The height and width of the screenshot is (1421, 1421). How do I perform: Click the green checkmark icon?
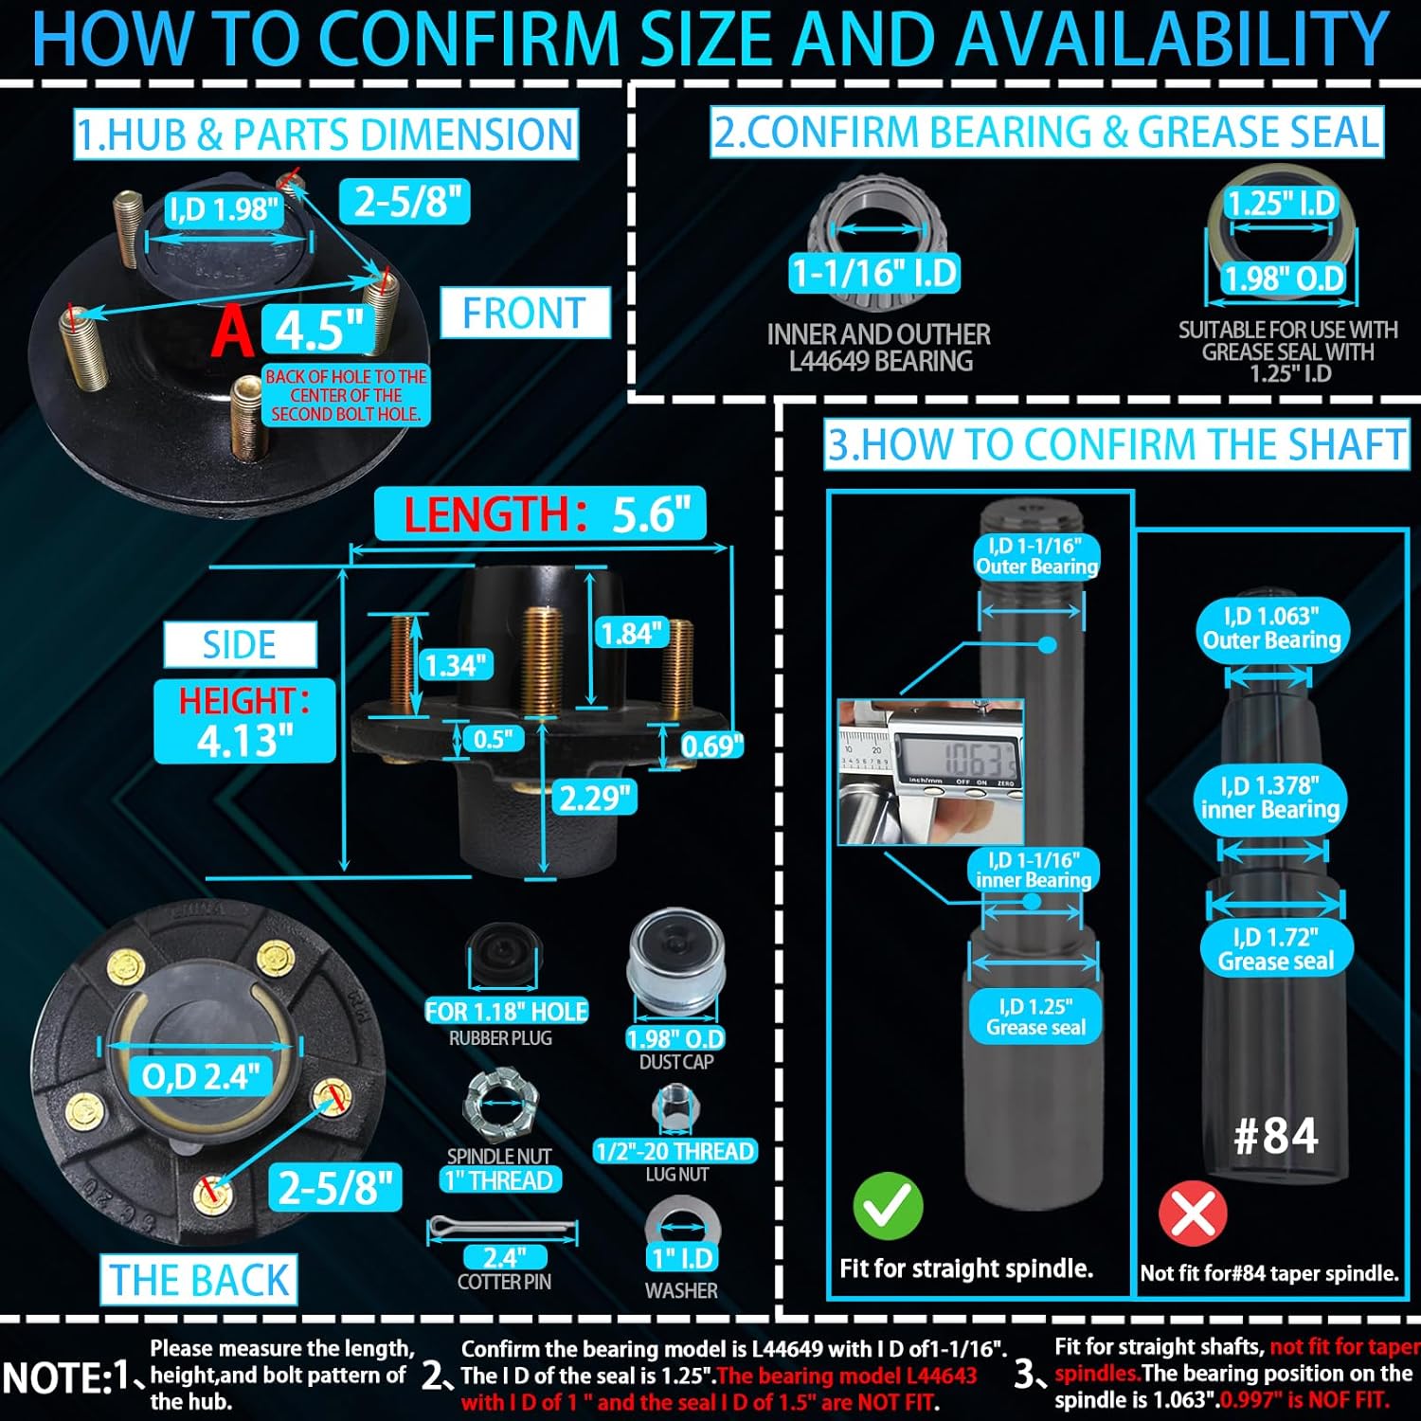click(x=888, y=1205)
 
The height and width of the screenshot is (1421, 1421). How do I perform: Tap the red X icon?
click(x=1193, y=1213)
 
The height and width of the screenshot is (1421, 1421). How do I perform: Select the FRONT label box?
click(x=524, y=314)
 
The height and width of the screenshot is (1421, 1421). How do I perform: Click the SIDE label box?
click(x=240, y=645)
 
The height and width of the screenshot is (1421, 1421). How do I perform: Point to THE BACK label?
click(x=199, y=1280)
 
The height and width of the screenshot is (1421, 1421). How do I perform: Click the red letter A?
click(x=232, y=333)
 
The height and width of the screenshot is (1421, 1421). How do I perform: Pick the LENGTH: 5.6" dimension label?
click(x=540, y=514)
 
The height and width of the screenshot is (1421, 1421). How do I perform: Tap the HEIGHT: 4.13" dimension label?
click(x=244, y=721)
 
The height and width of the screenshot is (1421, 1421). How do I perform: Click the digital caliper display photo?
click(x=930, y=770)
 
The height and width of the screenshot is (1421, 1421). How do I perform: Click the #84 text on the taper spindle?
click(x=1275, y=1136)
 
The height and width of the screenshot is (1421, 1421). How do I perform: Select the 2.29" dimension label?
click(x=594, y=798)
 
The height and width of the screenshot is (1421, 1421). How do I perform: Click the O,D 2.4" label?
click(x=200, y=1076)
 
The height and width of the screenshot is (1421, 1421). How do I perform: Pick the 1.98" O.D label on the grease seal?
click(x=1283, y=279)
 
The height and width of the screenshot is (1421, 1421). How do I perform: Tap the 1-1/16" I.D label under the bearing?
click(x=875, y=274)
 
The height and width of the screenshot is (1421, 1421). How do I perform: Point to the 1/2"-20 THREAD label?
click(x=675, y=1151)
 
